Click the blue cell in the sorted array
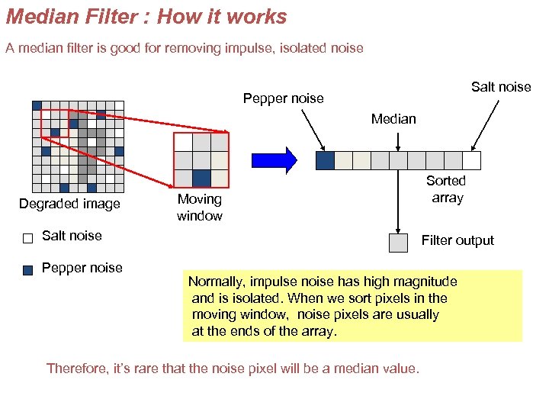tap(325, 160)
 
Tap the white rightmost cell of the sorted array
tap(472, 160)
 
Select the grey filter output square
tap(398, 243)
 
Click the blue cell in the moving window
tap(201, 179)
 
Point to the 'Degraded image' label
tap(69, 204)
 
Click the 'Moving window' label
tap(200, 208)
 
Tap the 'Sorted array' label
tap(446, 189)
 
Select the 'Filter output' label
tap(457, 240)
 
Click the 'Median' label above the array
tap(393, 118)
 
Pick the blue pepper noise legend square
tap(28, 269)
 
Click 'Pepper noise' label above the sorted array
tap(283, 98)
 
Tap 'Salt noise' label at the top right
tap(501, 86)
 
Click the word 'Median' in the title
tap(37, 17)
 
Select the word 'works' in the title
tap(258, 17)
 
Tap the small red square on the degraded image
tap(55, 123)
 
